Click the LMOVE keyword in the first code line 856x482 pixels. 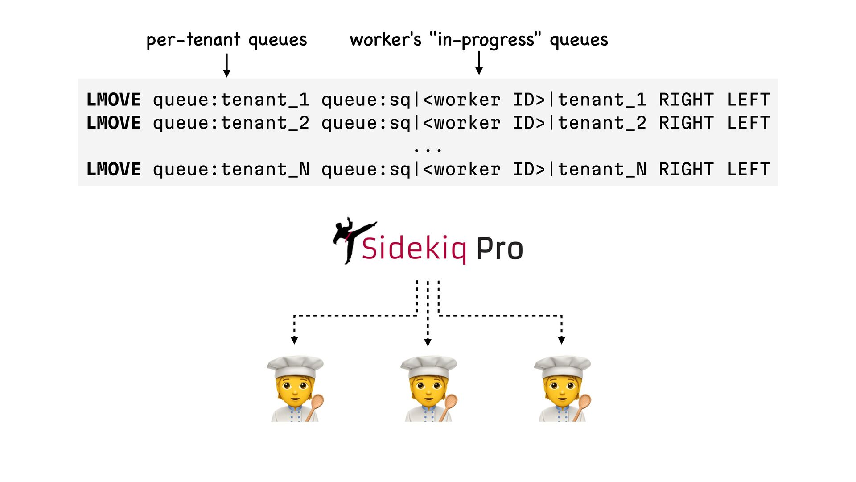pyautogui.click(x=114, y=100)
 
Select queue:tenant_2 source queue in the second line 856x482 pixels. pyautogui.click(x=231, y=123)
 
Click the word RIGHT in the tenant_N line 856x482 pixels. pyautogui.click(x=686, y=170)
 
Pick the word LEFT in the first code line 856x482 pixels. pyautogui.click(x=749, y=100)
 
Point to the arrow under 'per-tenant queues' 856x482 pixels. pyautogui.click(x=226, y=66)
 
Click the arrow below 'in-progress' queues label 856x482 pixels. pyautogui.click(x=479, y=63)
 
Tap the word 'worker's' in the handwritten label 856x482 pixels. pyautogui.click(x=385, y=40)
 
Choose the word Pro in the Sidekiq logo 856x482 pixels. pyautogui.click(x=499, y=249)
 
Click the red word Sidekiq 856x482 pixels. pyautogui.click(x=414, y=249)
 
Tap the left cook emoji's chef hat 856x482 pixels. pyautogui.click(x=295, y=366)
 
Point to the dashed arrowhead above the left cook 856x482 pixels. pyautogui.click(x=294, y=340)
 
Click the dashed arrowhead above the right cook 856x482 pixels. pyautogui.click(x=561, y=340)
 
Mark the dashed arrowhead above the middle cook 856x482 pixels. pyautogui.click(x=428, y=342)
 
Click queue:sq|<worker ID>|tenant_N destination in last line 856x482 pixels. pyautogui.click(x=484, y=170)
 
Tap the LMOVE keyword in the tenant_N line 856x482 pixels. pyautogui.click(x=114, y=170)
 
